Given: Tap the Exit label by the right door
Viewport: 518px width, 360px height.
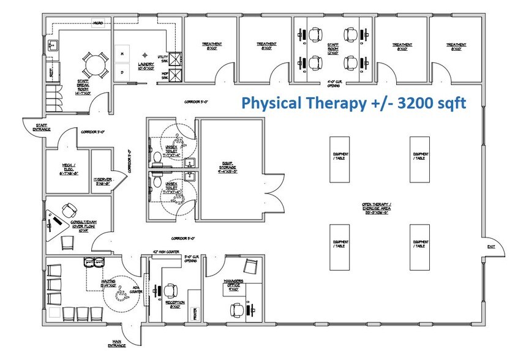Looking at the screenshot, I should point(490,246).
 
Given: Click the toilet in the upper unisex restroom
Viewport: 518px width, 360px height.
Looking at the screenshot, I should point(157,159).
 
